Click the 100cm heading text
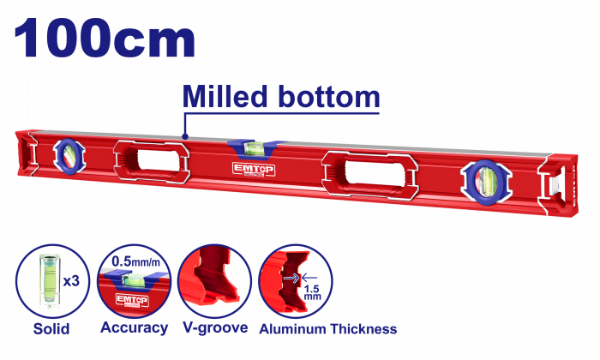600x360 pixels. [105, 38]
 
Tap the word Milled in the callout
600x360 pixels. [225, 96]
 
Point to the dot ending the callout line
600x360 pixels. [185, 135]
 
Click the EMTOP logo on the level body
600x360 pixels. [254, 169]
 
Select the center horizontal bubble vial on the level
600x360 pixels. [255, 148]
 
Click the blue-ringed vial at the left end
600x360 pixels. [69, 157]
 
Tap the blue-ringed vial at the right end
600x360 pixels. [486, 182]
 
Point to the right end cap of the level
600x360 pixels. [560, 185]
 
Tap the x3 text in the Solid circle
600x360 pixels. [71, 281]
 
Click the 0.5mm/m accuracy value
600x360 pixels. [135, 261]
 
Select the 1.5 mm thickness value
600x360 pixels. [313, 292]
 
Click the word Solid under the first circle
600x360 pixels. [51, 328]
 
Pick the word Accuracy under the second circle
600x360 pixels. [135, 328]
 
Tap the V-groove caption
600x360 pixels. [215, 328]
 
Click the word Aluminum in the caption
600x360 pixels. [293, 329]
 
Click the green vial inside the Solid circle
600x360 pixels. [50, 280]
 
